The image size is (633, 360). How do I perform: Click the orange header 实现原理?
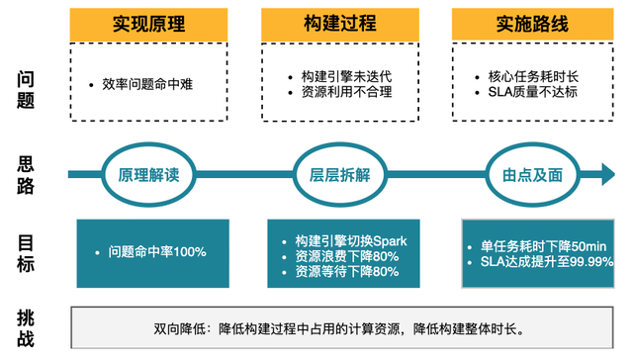click(x=149, y=24)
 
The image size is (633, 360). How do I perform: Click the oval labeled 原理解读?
click(x=149, y=175)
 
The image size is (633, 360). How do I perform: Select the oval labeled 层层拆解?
click(x=339, y=175)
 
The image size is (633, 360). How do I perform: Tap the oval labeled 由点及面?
click(x=532, y=175)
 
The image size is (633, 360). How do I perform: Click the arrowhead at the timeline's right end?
click(x=606, y=175)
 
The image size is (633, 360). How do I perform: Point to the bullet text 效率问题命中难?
click(x=147, y=85)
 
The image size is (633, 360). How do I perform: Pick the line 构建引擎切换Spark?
click(x=350, y=240)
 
